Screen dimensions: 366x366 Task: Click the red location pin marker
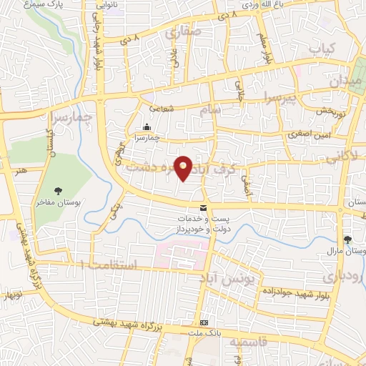[184, 168]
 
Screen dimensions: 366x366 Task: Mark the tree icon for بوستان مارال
[348, 239]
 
